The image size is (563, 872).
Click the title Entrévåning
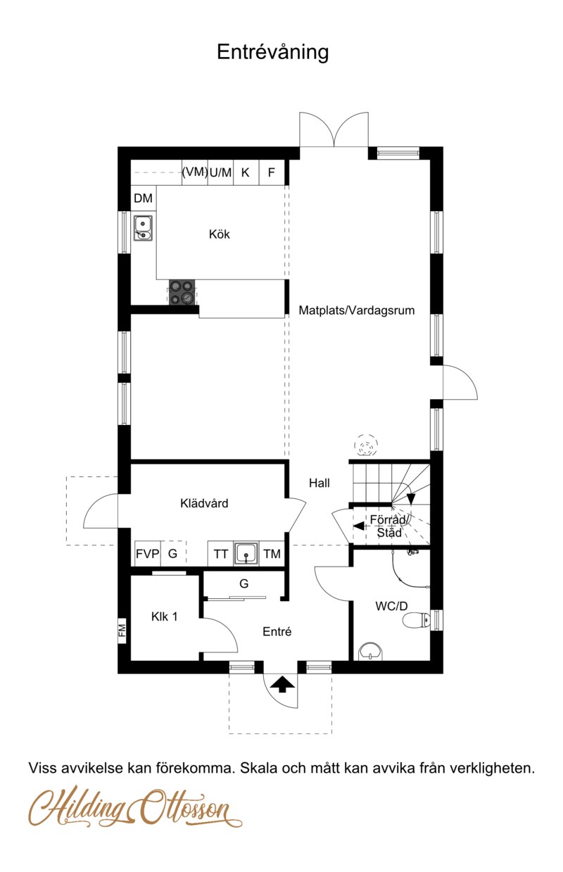pyautogui.click(x=272, y=52)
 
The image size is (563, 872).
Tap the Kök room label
pyautogui.click(x=220, y=234)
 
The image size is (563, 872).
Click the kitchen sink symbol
pyautogui.click(x=144, y=227)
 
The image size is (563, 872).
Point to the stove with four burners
pyautogui.click(x=181, y=291)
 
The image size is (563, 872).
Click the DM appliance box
pyautogui.click(x=143, y=199)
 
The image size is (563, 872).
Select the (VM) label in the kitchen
pyautogui.click(x=194, y=172)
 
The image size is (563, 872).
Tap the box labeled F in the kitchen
pyautogui.click(x=272, y=172)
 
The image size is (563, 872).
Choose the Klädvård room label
pyautogui.click(x=204, y=503)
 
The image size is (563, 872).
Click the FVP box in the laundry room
pyautogui.click(x=148, y=554)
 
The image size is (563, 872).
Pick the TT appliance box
pyautogui.click(x=220, y=554)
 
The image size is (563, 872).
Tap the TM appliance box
pyautogui.click(x=272, y=554)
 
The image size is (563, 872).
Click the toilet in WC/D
pyautogui.click(x=417, y=619)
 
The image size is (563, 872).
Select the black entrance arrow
pyautogui.click(x=282, y=683)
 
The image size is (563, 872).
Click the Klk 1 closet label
pyautogui.click(x=165, y=617)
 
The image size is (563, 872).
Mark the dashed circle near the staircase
pyautogui.click(x=366, y=445)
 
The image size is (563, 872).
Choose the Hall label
pyautogui.click(x=319, y=483)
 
